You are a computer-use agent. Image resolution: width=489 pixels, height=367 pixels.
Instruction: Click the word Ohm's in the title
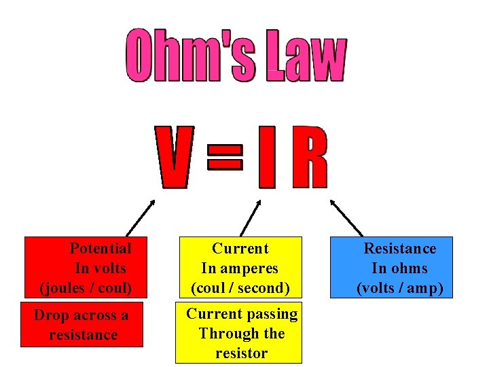pyautogui.click(x=189, y=55)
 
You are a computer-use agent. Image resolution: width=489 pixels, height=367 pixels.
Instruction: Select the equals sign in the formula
pyautogui.click(x=224, y=158)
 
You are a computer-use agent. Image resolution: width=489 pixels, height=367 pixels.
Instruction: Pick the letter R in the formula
pyautogui.click(x=309, y=158)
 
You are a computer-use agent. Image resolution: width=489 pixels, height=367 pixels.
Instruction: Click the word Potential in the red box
pyautogui.click(x=101, y=248)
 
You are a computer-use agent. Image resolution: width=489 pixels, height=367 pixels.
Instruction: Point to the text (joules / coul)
pyautogui.click(x=86, y=287)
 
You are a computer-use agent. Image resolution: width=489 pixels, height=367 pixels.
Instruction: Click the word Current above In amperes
pyautogui.click(x=240, y=248)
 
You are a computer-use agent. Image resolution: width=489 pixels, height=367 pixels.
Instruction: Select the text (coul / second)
pyautogui.click(x=240, y=287)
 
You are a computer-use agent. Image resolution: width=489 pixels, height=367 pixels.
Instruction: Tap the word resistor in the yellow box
pyautogui.click(x=241, y=353)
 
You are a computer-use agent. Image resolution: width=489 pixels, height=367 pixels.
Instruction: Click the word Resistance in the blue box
pyautogui.click(x=400, y=248)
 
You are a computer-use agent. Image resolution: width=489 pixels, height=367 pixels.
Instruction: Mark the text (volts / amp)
pyautogui.click(x=400, y=287)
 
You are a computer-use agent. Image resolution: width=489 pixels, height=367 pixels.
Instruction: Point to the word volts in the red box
pyautogui.click(x=109, y=268)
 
